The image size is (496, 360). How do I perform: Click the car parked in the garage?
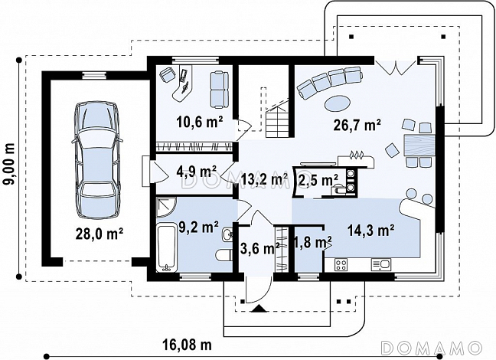[x=96, y=160]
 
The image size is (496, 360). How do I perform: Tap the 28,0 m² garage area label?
[x=99, y=234]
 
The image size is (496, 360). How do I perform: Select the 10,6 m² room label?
[x=199, y=122]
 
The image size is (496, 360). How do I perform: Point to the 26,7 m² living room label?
[x=357, y=125]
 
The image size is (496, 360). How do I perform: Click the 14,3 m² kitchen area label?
[x=370, y=231]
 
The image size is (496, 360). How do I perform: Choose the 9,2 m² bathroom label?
[x=198, y=227]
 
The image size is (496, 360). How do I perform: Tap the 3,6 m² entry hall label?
[x=259, y=248]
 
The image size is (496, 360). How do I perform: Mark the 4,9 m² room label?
[x=197, y=172]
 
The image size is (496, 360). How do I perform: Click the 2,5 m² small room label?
[x=318, y=180]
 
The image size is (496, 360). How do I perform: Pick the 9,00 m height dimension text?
[x=10, y=163]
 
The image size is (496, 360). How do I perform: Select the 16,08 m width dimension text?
[x=188, y=345]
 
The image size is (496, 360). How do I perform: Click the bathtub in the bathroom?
[x=167, y=247]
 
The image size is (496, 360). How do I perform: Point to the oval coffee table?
[x=338, y=103]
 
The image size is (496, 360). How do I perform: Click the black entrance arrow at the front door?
[x=259, y=309]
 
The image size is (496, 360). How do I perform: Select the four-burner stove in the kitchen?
[x=341, y=265]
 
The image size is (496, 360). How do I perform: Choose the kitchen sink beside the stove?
[x=381, y=265]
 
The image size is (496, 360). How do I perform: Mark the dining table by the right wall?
[x=419, y=145]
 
